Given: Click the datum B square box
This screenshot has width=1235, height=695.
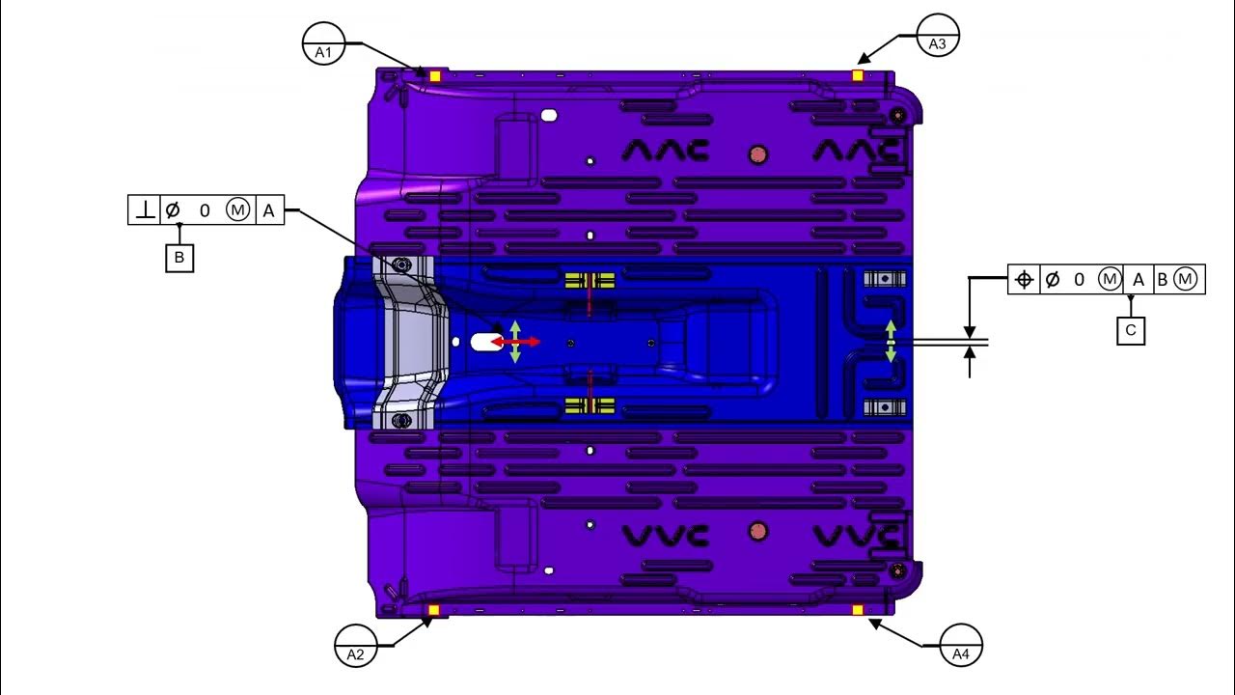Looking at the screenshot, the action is pos(179,258).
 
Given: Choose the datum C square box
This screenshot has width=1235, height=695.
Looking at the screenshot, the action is pos(1131,330).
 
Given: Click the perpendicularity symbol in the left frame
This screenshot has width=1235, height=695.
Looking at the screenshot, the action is pos(145,210).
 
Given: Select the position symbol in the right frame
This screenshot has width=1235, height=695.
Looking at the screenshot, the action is pos(1025,280).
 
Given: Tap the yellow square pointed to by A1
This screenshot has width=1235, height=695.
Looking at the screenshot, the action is pos(435,76).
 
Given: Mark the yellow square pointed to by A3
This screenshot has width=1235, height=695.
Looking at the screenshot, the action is pos(858,75).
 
